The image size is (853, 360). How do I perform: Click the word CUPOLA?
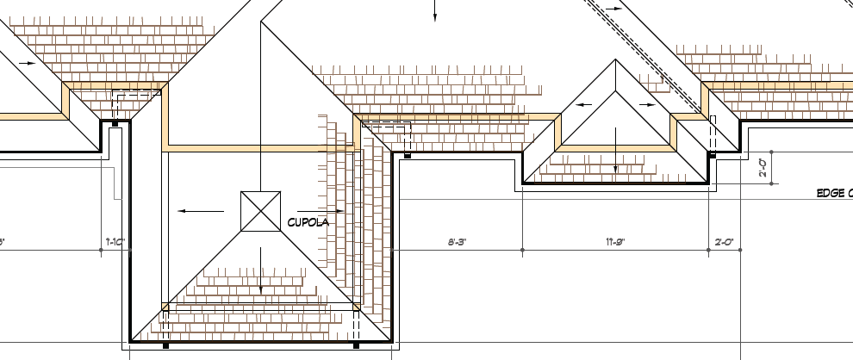coord(308,222)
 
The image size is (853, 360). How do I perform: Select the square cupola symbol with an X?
coord(260,211)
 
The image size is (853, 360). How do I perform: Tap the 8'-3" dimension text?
coord(457,242)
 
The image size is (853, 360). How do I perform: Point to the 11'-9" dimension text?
coord(615,242)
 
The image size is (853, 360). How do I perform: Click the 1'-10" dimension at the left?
coord(116,242)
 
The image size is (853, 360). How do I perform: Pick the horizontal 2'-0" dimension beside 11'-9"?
coord(724,242)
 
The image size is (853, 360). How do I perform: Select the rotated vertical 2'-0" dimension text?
coord(763,167)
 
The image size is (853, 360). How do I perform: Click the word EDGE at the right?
coord(832,193)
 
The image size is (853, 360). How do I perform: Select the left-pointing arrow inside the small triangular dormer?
coord(585,105)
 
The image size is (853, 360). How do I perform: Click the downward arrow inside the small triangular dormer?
coord(615,152)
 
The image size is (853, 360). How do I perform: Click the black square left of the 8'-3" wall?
coord(408,156)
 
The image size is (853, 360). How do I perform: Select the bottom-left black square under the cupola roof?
coord(165,345)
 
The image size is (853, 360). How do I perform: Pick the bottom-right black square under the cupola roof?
coord(356,345)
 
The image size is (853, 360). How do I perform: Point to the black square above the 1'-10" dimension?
coord(115,123)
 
